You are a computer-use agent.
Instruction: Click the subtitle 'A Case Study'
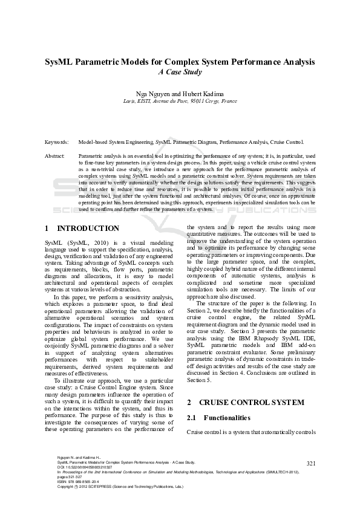coord(180,72)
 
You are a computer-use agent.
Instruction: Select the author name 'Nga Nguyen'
coord(154,94)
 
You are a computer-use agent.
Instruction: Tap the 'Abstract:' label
coord(55,156)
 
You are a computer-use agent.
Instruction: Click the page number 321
coord(312,464)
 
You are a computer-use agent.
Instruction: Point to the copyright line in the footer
coord(115,486)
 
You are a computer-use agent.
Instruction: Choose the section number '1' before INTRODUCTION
coord(47,229)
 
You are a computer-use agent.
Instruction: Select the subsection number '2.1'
coord(192,418)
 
